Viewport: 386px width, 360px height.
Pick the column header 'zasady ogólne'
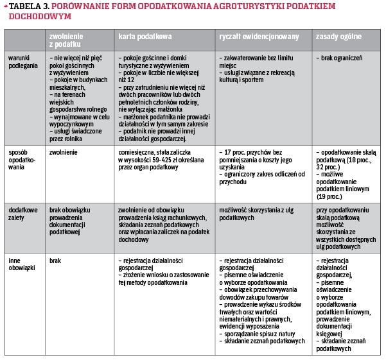pyautogui.click(x=339, y=37)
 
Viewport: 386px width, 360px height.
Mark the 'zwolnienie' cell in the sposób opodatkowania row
pyautogui.click(x=64, y=151)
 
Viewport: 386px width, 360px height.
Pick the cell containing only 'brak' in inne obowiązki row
pyautogui.click(x=56, y=261)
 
